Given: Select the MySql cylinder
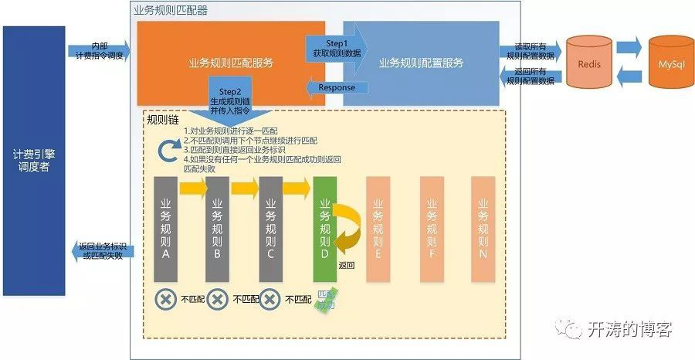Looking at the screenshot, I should pos(670,63).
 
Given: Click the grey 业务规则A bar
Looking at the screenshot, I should pos(165,229).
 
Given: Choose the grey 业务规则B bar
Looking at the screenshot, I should pos(217,229).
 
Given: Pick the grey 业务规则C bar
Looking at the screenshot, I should pos(270,229).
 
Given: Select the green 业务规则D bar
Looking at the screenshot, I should pos(324,229).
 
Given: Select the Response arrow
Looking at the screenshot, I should pos(332,87).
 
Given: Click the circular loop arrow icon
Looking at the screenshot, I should pos(169,151).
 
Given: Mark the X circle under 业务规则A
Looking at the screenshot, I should pos(164,299).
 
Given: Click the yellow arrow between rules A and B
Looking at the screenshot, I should pos(192,188).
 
